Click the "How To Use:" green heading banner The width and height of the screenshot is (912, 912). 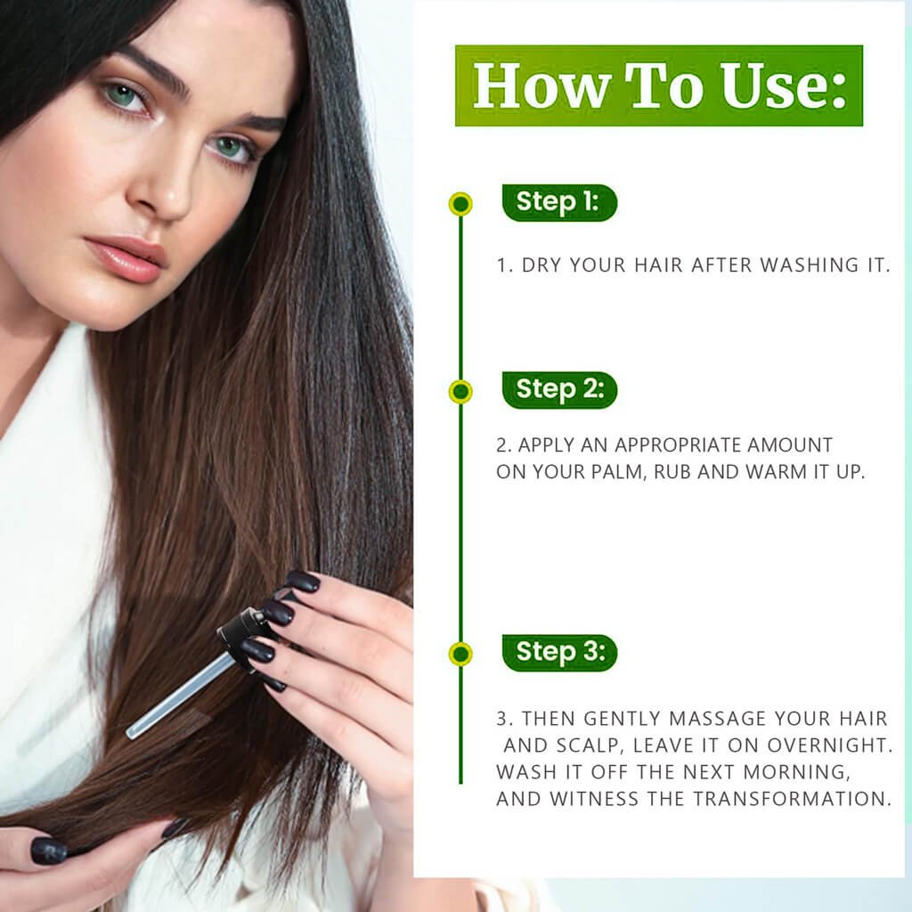(658, 85)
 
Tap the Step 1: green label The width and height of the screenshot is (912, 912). (559, 202)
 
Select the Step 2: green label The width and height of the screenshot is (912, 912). (559, 390)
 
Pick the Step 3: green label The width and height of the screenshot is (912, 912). (559, 653)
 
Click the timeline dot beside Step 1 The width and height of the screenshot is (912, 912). (460, 204)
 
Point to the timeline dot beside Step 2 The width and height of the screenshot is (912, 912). (460, 392)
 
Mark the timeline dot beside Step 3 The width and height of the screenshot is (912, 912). (460, 654)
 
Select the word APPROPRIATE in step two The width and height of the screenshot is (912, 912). (678, 445)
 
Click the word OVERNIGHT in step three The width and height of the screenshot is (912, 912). (830, 745)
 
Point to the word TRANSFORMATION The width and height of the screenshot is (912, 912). (792, 799)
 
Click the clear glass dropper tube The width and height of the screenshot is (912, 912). (179, 695)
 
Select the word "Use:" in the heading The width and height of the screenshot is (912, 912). (784, 85)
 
